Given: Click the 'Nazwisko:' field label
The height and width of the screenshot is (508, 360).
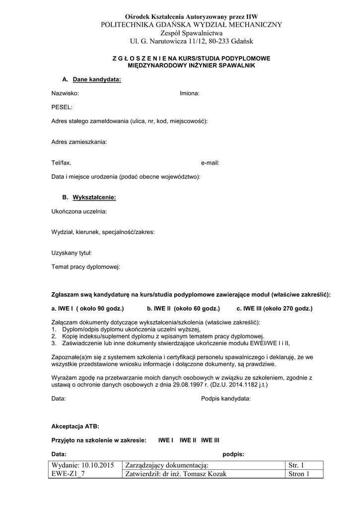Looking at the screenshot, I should (x=65, y=93).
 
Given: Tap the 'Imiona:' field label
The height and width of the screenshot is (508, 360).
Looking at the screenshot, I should (x=190, y=93).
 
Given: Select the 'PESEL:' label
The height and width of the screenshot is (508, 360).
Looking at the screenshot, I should (x=62, y=107).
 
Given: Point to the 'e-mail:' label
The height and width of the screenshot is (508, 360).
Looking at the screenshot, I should (x=210, y=163).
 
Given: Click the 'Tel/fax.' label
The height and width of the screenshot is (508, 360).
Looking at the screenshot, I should (x=61, y=163).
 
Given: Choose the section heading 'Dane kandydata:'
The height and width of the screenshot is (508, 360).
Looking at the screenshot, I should (x=97, y=79).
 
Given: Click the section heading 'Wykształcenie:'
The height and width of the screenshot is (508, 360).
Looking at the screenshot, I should (x=94, y=197).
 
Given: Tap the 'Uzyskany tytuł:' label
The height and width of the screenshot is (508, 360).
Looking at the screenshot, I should (x=72, y=253).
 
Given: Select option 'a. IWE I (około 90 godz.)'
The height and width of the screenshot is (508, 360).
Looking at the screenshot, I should (x=87, y=309).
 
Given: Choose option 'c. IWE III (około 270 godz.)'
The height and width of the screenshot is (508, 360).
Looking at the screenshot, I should (x=275, y=309).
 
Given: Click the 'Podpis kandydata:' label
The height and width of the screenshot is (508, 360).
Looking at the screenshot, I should (x=226, y=398).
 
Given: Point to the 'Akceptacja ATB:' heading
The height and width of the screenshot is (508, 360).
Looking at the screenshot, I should (x=75, y=426).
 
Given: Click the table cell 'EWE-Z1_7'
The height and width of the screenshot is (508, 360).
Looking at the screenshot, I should (x=68, y=474).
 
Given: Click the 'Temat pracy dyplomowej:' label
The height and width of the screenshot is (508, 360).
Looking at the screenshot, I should (x=85, y=267).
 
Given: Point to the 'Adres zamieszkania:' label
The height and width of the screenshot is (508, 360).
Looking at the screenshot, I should (x=79, y=142).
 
